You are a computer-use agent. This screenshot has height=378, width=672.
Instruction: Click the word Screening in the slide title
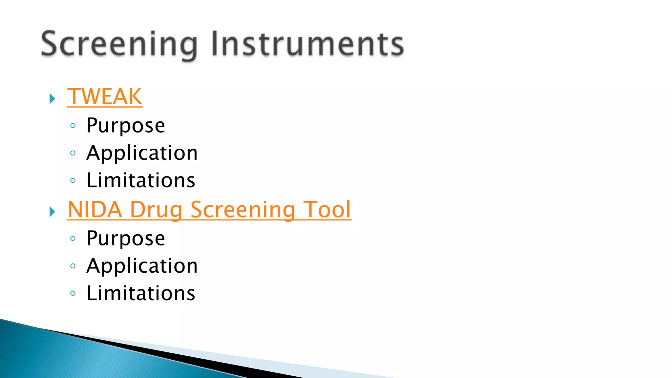119,44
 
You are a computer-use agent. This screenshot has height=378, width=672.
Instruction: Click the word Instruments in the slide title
307,44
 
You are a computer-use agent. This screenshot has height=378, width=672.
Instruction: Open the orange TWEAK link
105,97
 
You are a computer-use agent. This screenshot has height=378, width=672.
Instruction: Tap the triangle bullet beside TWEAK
52,99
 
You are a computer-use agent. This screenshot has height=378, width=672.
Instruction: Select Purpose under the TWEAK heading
126,126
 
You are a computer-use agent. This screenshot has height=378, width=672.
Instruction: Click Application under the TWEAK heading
142,153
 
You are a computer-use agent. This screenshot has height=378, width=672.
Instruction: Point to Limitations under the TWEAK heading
141,180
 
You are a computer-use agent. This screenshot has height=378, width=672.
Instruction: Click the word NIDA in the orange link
95,210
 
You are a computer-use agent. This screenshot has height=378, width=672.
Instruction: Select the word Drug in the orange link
156,210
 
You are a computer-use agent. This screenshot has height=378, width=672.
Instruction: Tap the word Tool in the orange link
327,210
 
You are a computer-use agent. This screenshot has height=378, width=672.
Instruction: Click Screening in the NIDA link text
243,210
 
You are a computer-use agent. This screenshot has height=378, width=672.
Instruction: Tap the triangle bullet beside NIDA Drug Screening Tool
52,212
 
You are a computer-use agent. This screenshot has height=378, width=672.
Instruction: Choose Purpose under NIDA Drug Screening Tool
126,239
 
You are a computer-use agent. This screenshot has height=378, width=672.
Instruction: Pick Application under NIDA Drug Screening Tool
142,266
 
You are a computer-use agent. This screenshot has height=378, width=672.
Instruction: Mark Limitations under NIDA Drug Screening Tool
141,293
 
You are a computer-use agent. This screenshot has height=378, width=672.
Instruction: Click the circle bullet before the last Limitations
73,293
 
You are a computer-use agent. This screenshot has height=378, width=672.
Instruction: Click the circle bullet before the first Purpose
73,126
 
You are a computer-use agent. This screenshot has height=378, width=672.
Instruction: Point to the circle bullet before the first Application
73,153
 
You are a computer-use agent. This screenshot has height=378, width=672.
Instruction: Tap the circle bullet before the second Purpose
73,239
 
